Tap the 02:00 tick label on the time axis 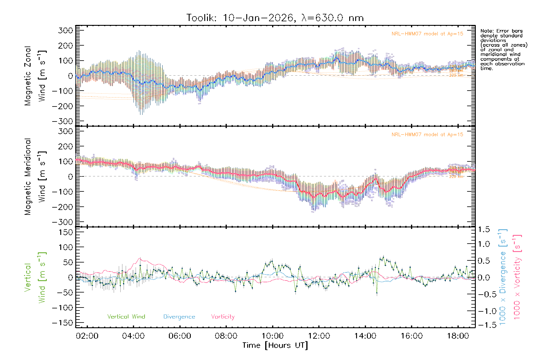click(87, 336)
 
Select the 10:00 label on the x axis click(272, 336)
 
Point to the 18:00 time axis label click(458, 336)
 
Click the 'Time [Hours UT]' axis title click(275, 345)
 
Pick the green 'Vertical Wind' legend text click(126, 317)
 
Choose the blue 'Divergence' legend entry click(179, 317)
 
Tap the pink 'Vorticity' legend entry click(223, 317)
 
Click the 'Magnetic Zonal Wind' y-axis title click(35, 76)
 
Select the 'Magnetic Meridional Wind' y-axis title click(35, 177)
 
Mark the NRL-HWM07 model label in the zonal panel click(427, 34)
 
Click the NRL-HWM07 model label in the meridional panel click(427, 135)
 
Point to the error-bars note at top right click(503, 49)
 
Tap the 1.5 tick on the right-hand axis click(484, 229)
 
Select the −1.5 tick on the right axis click(484, 325)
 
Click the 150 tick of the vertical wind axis click(66, 232)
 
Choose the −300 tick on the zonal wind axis click(63, 121)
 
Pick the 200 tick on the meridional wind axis click(66, 146)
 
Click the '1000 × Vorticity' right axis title click(517, 277)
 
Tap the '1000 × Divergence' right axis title click(503, 277)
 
